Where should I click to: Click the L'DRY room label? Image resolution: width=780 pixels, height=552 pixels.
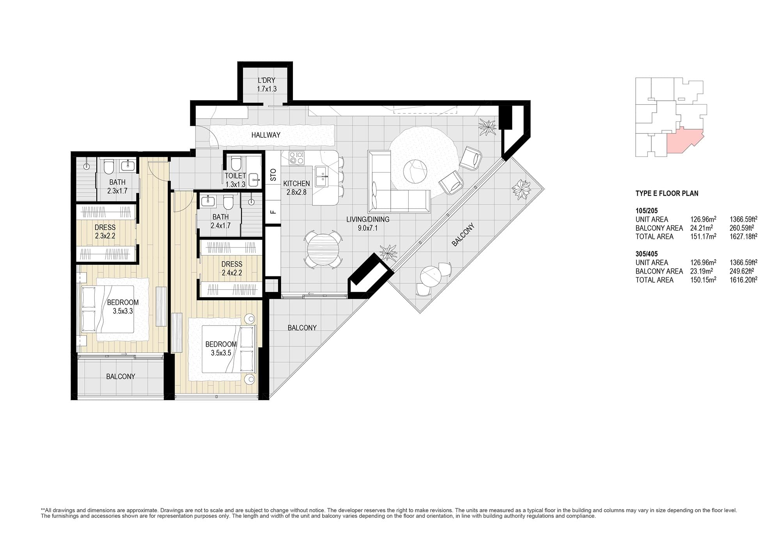(x=267, y=81)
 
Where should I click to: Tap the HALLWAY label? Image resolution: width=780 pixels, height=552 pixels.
(x=266, y=135)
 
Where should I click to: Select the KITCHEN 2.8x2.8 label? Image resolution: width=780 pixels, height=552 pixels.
(x=296, y=188)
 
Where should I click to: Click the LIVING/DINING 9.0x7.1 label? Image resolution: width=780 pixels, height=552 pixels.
(x=368, y=224)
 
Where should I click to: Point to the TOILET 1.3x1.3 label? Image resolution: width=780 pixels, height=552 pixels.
(x=235, y=180)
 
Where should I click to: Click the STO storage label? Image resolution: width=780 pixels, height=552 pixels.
(x=273, y=174)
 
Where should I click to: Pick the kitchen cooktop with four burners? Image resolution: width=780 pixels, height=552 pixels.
(x=296, y=158)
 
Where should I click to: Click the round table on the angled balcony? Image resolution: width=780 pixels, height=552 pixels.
(x=431, y=277)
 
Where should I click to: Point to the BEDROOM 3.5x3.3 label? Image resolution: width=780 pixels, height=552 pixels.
(x=123, y=307)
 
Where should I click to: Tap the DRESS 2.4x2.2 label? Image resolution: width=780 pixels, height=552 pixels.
(x=232, y=269)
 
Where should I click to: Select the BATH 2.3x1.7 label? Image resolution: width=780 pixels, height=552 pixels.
(x=117, y=187)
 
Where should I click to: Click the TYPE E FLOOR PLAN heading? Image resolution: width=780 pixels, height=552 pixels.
(x=667, y=193)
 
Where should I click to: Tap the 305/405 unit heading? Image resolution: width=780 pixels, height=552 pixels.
(x=647, y=254)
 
